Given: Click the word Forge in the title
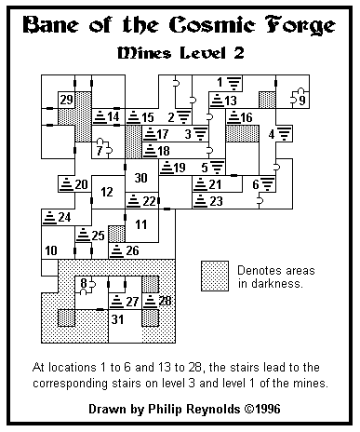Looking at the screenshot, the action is pos(300,25).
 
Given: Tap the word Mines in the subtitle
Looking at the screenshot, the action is pos(144,53).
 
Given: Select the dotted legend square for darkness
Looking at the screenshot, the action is pos(215,276).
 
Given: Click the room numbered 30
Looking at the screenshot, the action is pos(141,178).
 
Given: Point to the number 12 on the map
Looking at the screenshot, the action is pos(107,192).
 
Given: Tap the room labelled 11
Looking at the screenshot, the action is pos(141,224).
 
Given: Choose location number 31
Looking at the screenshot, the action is pos(118,319).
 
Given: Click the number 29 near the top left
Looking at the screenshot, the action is pos(67,100).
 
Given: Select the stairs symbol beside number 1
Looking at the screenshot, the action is pos(234,83).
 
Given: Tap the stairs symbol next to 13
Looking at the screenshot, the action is pos(217,101).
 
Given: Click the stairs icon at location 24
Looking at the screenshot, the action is pos(49,217).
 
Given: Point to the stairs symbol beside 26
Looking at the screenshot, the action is pos(116,250).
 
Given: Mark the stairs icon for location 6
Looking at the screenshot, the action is pos(268,183).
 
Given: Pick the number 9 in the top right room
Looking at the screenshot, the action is pos(302,101).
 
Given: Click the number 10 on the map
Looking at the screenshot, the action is pos(51,250).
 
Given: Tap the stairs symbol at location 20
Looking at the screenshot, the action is pos(66,184).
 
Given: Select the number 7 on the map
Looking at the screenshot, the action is pos(100,151).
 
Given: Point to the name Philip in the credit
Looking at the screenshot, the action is pos(165,409).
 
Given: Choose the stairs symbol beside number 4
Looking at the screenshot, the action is pos(285,133).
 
